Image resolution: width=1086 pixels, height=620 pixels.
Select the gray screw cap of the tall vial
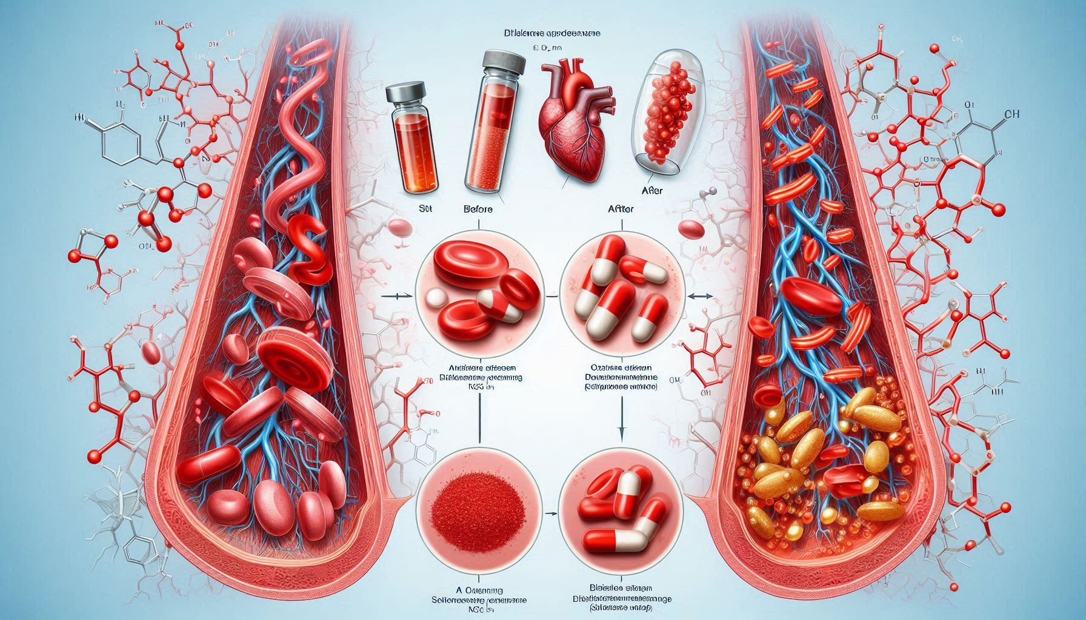(x=503, y=62)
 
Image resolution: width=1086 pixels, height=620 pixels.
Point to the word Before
(x=478, y=209)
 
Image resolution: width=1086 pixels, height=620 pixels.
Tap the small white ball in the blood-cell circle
(x=435, y=297)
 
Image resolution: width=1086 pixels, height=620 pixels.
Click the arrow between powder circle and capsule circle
(x=551, y=513)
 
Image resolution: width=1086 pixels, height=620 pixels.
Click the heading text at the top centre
(x=555, y=35)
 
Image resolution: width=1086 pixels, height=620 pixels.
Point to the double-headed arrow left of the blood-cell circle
(x=401, y=296)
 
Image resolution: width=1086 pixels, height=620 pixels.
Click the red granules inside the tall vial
(x=485, y=157)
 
